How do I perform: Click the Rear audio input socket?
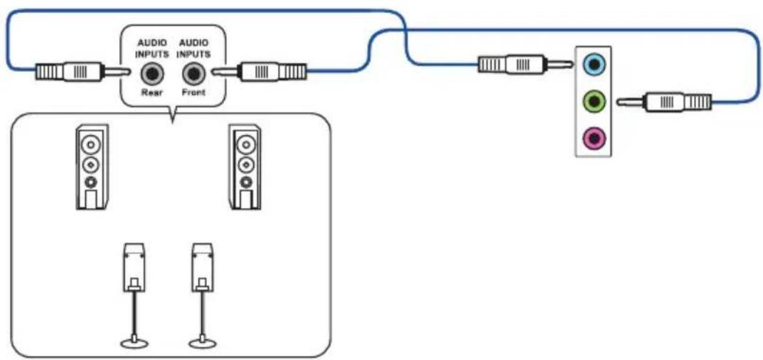[152, 75]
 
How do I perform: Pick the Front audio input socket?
[194, 75]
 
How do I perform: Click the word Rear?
[152, 92]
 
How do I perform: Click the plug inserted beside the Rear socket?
[82, 72]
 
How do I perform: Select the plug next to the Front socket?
[259, 72]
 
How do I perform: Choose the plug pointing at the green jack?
[663, 102]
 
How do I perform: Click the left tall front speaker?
[92, 167]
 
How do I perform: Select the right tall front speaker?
[245, 167]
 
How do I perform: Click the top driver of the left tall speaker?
[91, 144]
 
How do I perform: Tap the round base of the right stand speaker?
[203, 344]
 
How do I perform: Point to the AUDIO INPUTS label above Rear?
[152, 48]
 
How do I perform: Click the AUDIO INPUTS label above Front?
[195, 48]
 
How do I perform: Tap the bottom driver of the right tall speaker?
[245, 183]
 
